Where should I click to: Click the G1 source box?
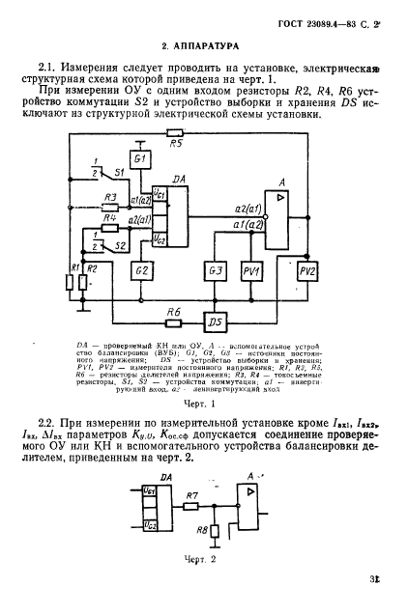point(140,157)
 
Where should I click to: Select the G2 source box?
point(143,269)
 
